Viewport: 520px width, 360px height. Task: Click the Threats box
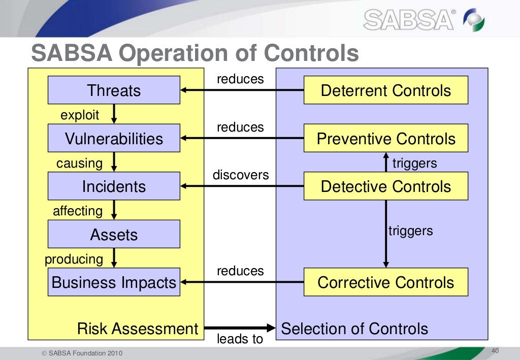point(114,90)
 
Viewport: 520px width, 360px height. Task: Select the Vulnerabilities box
point(114,138)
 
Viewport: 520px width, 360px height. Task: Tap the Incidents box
point(114,186)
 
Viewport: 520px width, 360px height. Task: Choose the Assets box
point(114,234)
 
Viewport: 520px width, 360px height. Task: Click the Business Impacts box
point(114,282)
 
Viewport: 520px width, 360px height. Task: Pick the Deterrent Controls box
point(385,90)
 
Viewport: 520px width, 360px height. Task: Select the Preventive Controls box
point(385,138)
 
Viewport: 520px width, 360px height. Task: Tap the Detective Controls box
point(385,186)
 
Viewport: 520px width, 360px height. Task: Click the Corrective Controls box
point(385,282)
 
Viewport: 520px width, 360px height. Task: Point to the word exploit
point(80,115)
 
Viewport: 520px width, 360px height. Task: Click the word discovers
point(240,175)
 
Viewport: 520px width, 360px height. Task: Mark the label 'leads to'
point(240,339)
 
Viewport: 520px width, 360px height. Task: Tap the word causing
point(79,163)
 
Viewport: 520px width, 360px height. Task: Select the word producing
point(74,259)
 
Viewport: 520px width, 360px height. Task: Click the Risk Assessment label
point(137,329)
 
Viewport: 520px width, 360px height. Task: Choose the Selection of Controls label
point(354,329)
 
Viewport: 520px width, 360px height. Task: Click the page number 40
point(496,351)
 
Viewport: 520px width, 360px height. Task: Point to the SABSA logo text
point(408,20)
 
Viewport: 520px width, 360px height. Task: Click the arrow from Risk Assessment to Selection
point(239,328)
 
